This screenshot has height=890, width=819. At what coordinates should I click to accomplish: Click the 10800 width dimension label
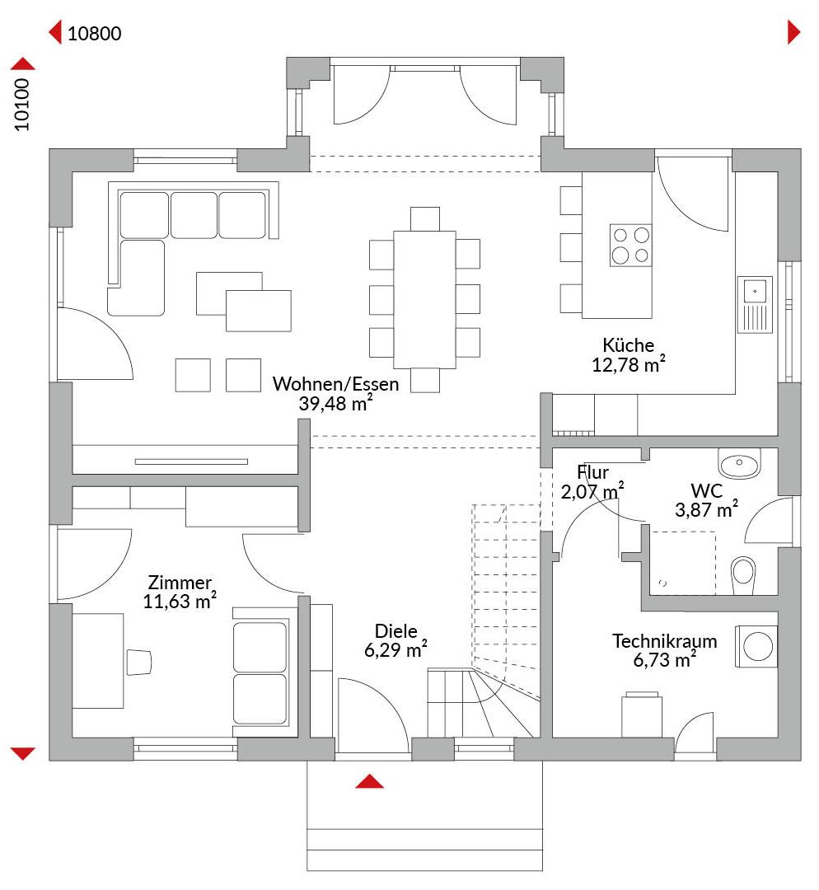[94, 34]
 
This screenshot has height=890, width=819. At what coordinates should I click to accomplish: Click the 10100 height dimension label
[21, 105]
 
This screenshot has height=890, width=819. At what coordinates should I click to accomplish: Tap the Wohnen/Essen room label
[335, 384]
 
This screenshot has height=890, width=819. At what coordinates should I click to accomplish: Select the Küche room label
[629, 344]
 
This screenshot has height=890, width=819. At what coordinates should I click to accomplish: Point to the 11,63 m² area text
[180, 601]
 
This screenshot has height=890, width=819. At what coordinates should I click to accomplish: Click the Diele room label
[395, 630]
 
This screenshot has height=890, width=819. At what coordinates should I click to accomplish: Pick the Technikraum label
[665, 641]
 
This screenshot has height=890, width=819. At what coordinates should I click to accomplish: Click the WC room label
[707, 490]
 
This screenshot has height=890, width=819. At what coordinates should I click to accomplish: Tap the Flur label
[592, 471]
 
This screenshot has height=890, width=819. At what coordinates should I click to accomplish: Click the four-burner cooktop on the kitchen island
[630, 246]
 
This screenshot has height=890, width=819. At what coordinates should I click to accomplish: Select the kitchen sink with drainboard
[755, 304]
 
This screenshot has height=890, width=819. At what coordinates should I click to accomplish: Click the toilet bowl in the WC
[743, 574]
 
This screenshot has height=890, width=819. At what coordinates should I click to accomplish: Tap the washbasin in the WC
[739, 463]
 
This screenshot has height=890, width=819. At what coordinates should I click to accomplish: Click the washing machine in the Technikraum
[756, 647]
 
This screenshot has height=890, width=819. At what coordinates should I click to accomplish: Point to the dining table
[424, 300]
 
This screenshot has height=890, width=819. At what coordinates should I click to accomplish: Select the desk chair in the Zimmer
[139, 662]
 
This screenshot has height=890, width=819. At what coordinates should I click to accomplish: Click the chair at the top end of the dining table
[424, 219]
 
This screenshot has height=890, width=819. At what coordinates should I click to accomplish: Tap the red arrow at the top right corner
[793, 32]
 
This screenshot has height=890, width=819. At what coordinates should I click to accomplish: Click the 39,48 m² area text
[335, 403]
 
